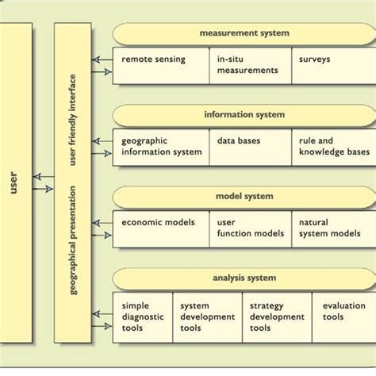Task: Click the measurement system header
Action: pyautogui.click(x=244, y=33)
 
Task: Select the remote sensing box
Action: pyautogui.click(x=161, y=66)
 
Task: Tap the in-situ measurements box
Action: pyautogui.click(x=251, y=66)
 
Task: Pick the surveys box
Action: pyautogui.click(x=333, y=66)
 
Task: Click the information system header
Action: pyautogui.click(x=244, y=115)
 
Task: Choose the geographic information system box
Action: pyautogui.click(x=161, y=147)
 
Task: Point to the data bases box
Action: pyautogui.click(x=251, y=147)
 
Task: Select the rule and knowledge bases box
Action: pyautogui.click(x=333, y=147)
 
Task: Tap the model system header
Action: pyautogui.click(x=244, y=197)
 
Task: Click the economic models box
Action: pyautogui.click(x=161, y=228)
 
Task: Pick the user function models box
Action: pyautogui.click(x=251, y=228)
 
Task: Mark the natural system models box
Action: pyautogui.click(x=333, y=228)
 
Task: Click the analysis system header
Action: pyautogui.click(x=244, y=278)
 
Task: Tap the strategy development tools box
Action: pyautogui.click(x=277, y=317)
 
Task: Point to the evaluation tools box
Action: pyautogui.click(x=344, y=317)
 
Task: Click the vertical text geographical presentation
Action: pyautogui.click(x=72, y=240)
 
